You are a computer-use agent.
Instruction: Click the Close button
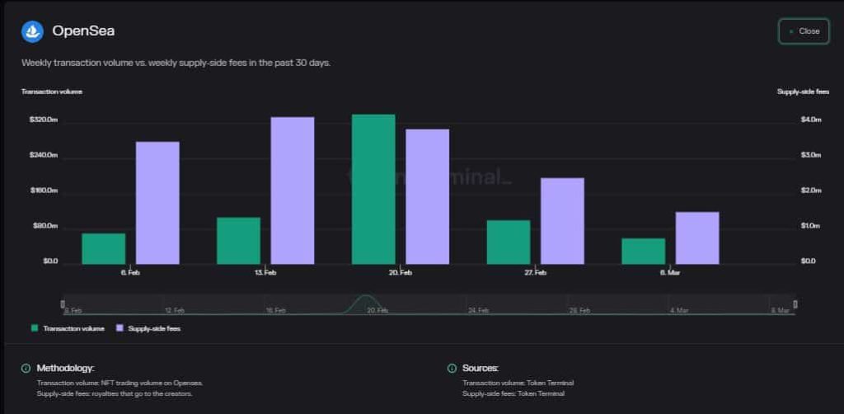point(804,31)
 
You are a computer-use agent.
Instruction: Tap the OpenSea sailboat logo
point(32,31)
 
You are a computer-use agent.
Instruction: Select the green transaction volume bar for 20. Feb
point(373,189)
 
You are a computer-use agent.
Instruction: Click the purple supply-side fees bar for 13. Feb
point(293,191)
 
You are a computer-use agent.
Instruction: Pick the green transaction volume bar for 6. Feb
point(104,248)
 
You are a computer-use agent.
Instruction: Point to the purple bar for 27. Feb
point(562,221)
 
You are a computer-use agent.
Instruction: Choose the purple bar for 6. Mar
point(697,238)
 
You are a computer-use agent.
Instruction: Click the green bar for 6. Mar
point(643,251)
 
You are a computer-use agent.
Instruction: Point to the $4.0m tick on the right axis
point(811,120)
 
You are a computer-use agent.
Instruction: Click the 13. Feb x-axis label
point(265,272)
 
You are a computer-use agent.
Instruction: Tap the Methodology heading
point(65,368)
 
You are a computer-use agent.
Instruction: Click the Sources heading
point(480,368)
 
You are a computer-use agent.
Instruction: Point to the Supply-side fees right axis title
point(803,92)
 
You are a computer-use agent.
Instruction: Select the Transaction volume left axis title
point(52,92)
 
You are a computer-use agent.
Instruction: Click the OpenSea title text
point(83,31)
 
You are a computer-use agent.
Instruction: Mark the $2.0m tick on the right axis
point(811,191)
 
